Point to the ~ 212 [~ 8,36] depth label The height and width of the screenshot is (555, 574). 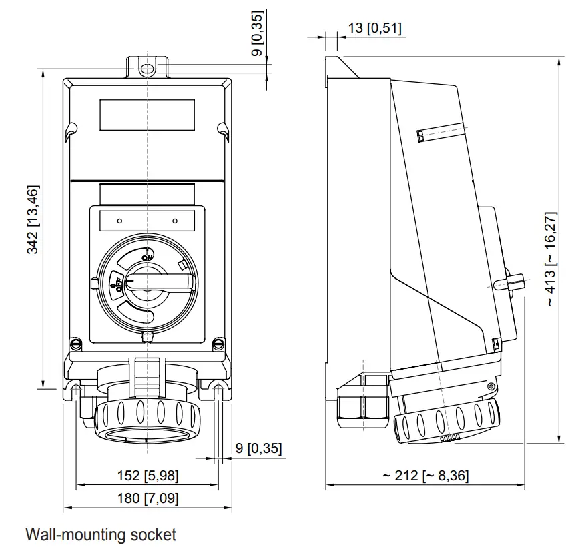pos(425,476)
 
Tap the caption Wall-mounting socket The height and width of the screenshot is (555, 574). pos(101,534)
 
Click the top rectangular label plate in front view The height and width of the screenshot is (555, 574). pos(147,115)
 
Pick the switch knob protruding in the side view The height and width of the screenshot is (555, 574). pos(510,282)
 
